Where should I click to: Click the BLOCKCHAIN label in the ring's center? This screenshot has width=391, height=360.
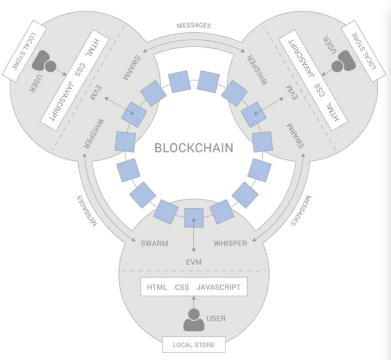194,148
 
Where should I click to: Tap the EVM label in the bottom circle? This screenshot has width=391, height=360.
194,262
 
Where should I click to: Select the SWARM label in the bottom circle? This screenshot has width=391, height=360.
154,243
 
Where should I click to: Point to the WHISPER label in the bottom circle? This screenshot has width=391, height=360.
231,243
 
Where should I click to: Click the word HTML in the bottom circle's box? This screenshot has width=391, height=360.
158,287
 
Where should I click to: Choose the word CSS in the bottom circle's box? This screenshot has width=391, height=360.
182,287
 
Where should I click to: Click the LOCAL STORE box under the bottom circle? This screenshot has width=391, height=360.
194,345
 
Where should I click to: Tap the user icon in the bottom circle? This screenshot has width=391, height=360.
194,319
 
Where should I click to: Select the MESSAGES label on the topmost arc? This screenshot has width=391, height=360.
194,25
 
